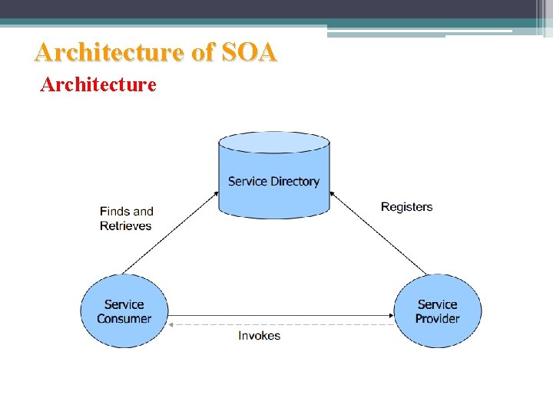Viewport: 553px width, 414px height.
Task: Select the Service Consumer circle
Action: (124, 311)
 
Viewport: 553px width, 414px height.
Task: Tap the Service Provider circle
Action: (437, 311)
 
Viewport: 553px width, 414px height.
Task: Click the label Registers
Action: (406, 207)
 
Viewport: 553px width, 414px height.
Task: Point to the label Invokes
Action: (259, 336)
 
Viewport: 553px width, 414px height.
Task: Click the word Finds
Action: (115, 212)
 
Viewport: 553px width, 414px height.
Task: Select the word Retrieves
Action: (126, 226)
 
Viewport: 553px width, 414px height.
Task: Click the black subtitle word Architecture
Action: (98, 84)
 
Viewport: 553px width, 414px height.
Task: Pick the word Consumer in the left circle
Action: (124, 318)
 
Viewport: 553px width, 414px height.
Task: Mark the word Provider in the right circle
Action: (437, 318)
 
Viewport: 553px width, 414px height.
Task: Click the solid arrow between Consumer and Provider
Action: (280, 314)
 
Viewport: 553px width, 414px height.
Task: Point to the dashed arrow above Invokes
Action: (280, 324)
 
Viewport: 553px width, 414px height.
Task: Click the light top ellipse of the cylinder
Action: (274, 143)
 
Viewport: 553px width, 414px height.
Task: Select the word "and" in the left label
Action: (143, 212)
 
